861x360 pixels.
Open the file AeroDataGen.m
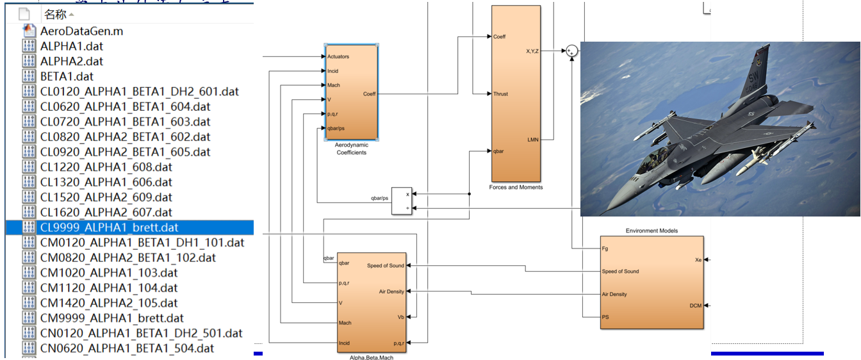tap(81, 31)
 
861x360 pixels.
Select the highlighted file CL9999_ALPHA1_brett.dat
tap(109, 227)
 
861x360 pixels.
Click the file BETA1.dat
tap(67, 76)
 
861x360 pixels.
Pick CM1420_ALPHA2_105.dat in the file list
tap(109, 303)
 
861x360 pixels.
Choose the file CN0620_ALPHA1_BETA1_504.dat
tap(127, 348)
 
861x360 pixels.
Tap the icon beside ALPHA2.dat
tap(29, 61)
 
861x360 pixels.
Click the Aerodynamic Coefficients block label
tap(352, 149)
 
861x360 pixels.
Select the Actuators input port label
tap(338, 57)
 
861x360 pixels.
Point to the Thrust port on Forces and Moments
tap(500, 94)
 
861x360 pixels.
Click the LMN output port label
tap(533, 139)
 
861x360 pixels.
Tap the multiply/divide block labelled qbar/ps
tap(401, 201)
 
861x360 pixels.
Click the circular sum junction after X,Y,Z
tap(570, 52)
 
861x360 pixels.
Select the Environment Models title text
tap(652, 231)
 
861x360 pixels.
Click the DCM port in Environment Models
tap(695, 306)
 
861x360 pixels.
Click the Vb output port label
tap(400, 317)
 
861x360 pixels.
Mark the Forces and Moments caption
tap(516, 187)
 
